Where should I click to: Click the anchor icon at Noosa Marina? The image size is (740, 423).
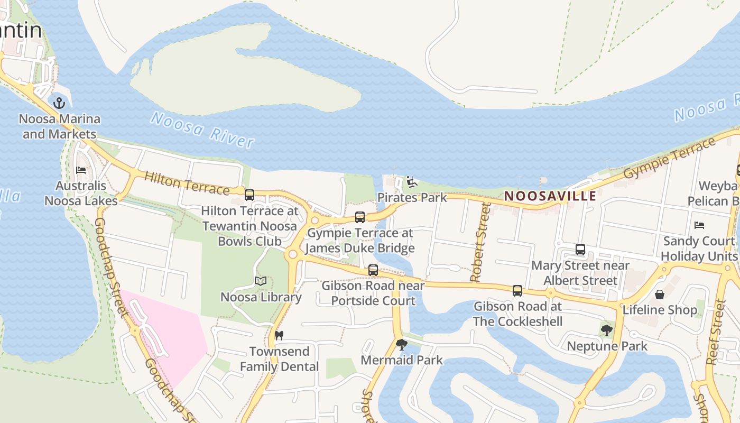59,103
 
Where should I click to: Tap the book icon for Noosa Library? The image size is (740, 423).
261,281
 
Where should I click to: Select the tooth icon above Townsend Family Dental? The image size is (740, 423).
279,335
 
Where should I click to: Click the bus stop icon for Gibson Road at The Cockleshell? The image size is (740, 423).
517,290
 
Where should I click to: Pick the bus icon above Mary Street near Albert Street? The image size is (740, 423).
580,250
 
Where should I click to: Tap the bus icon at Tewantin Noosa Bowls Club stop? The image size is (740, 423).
249,195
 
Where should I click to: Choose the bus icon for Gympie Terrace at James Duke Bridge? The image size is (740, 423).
360,217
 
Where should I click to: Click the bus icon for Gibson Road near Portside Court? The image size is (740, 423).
373,270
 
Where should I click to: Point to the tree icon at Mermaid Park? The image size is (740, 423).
402,345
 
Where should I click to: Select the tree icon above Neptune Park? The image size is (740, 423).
607,330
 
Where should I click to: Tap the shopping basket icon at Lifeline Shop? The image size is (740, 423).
660,294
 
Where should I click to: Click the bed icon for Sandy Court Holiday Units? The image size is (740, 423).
699,225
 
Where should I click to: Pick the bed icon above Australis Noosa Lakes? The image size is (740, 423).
81,170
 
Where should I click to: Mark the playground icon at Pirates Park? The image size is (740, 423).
412,182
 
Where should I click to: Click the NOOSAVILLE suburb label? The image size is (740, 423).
550,196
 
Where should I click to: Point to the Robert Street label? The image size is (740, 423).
479,242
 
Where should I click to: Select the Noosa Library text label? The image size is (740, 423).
261,297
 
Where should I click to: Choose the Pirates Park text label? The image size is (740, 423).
412,198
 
